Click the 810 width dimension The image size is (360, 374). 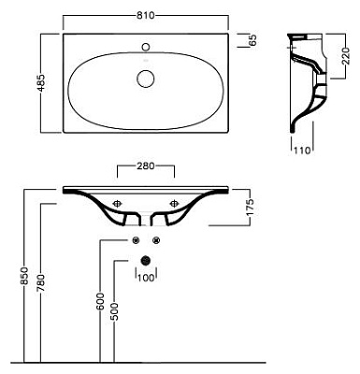coord(146,15)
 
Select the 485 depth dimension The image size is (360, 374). coord(41,82)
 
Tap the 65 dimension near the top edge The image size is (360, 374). coord(252,40)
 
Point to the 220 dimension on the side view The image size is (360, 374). coord(346,56)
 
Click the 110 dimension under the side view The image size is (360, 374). coord(302,151)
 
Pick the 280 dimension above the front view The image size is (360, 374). coord(146,166)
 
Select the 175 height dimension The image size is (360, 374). coord(250,207)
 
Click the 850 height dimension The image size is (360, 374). coord(24,276)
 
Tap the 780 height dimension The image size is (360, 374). coord(41,283)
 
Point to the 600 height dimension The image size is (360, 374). coord(100,301)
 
